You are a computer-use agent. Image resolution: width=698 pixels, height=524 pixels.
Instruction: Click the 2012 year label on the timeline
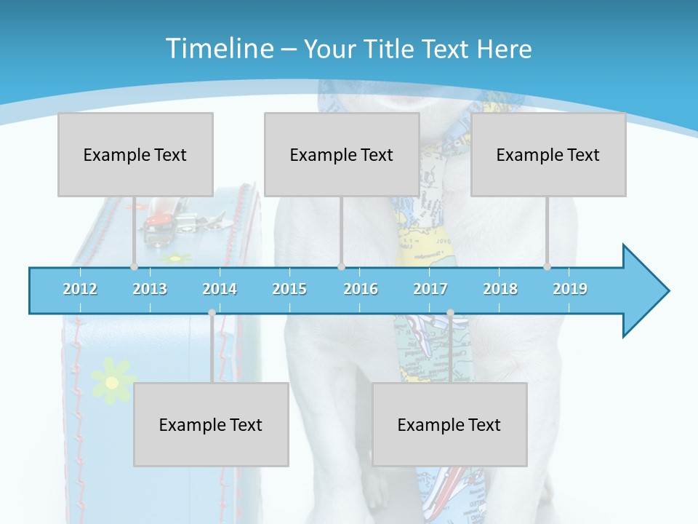(80, 289)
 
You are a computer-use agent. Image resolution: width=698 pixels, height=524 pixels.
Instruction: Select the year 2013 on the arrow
(150, 289)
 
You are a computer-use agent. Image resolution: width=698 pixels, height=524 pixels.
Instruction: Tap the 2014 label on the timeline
(220, 289)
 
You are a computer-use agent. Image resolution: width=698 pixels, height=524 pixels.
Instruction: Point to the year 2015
(289, 289)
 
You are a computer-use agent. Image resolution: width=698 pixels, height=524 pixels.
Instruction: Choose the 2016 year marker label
(361, 289)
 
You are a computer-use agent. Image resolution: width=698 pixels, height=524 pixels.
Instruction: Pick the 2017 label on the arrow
(430, 289)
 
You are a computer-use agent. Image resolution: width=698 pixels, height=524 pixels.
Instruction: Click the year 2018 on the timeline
(500, 289)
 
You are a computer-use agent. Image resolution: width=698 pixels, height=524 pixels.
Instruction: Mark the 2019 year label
(570, 289)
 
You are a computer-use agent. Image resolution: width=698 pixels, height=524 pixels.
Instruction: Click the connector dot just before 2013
(134, 267)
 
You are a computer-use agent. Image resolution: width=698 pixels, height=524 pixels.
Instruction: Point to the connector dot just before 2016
(341, 267)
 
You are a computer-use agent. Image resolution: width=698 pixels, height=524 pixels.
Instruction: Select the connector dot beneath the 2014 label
(212, 313)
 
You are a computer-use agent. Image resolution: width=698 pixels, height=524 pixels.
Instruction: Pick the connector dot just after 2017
(450, 313)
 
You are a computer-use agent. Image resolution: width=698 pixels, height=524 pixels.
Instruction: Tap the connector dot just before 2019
(547, 267)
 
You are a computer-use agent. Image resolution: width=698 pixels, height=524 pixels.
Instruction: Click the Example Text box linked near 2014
(211, 424)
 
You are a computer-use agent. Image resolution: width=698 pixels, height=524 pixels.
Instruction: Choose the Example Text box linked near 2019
(548, 154)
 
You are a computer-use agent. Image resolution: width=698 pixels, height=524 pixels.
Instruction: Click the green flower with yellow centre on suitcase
(111, 381)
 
